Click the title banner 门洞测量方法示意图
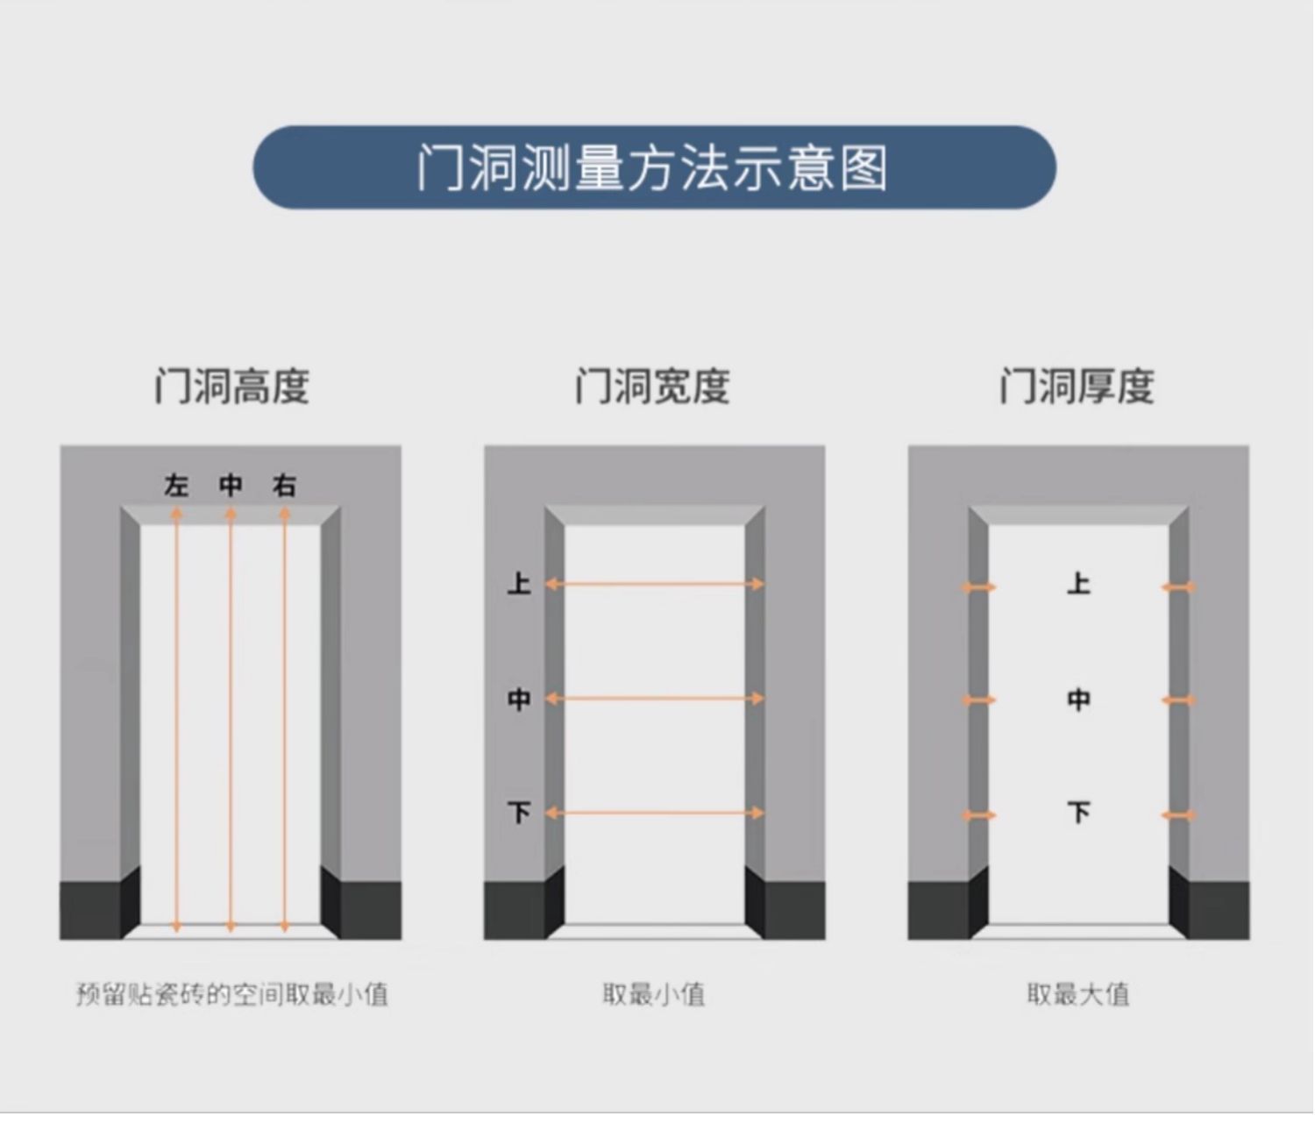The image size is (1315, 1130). pyautogui.click(x=653, y=167)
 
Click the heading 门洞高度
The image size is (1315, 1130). pyautogui.click(x=231, y=387)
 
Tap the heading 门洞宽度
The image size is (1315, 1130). pyautogui.click(x=652, y=387)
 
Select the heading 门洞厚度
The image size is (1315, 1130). pyautogui.click(x=1077, y=387)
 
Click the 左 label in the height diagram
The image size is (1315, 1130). pyautogui.click(x=176, y=485)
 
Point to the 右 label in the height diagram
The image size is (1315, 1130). pyautogui.click(x=284, y=485)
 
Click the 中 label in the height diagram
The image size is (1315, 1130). pyautogui.click(x=231, y=485)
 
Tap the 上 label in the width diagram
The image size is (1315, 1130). pyautogui.click(x=519, y=584)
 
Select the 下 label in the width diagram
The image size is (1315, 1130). pyautogui.click(x=519, y=813)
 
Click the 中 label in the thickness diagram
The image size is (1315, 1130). pyautogui.click(x=1078, y=700)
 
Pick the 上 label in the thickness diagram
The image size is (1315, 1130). pyautogui.click(x=1078, y=584)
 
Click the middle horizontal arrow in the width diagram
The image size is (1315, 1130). pyautogui.click(x=654, y=699)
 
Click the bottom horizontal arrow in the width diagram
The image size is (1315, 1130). pyautogui.click(x=654, y=813)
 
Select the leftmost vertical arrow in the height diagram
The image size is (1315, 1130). pyautogui.click(x=176, y=719)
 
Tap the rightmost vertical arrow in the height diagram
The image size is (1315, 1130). pyautogui.click(x=284, y=719)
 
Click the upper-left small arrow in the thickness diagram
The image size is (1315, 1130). pyautogui.click(x=978, y=586)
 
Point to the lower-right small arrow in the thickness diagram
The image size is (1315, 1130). pyautogui.click(x=1178, y=815)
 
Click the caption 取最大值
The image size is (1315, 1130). pyautogui.click(x=1077, y=994)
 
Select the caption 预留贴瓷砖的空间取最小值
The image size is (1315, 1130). pyautogui.click(x=231, y=994)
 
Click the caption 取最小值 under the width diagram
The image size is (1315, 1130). pyautogui.click(x=653, y=994)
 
